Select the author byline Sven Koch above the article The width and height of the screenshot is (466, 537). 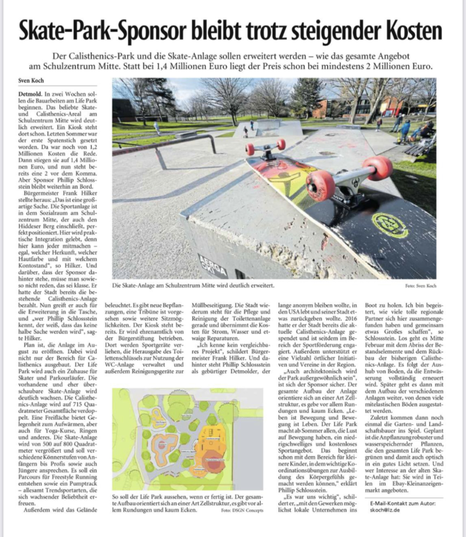pos(31,80)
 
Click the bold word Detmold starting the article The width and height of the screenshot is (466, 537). pos(30,94)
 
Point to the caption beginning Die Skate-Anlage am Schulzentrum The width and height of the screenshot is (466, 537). pos(193,286)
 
